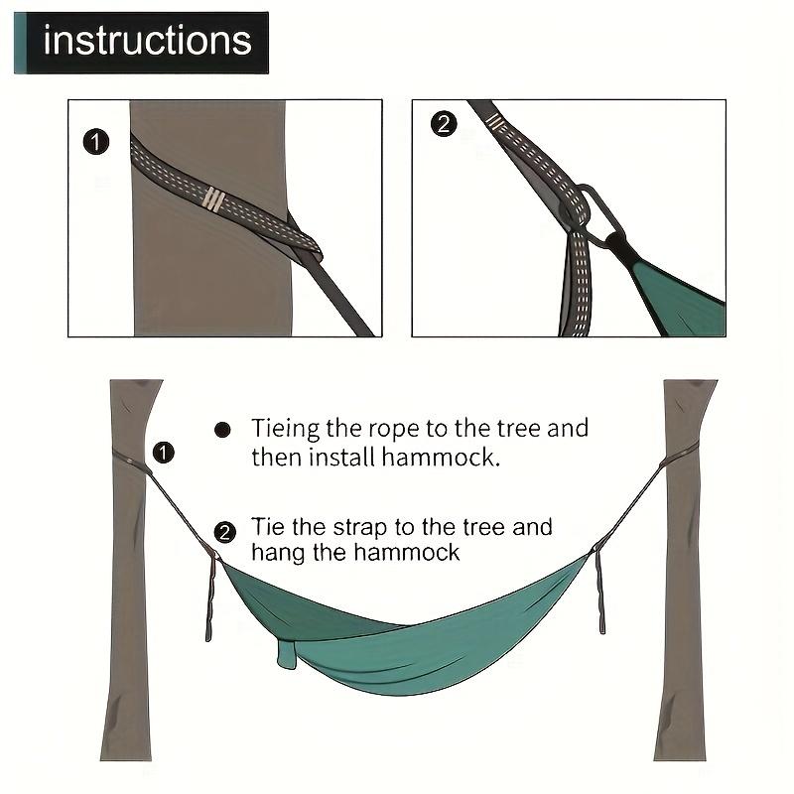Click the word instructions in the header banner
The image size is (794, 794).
click(x=148, y=41)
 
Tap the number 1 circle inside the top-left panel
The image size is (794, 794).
click(x=94, y=143)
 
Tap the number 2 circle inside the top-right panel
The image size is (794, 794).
click(x=444, y=124)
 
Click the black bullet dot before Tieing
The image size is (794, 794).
click(x=222, y=430)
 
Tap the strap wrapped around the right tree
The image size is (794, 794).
click(x=679, y=456)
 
